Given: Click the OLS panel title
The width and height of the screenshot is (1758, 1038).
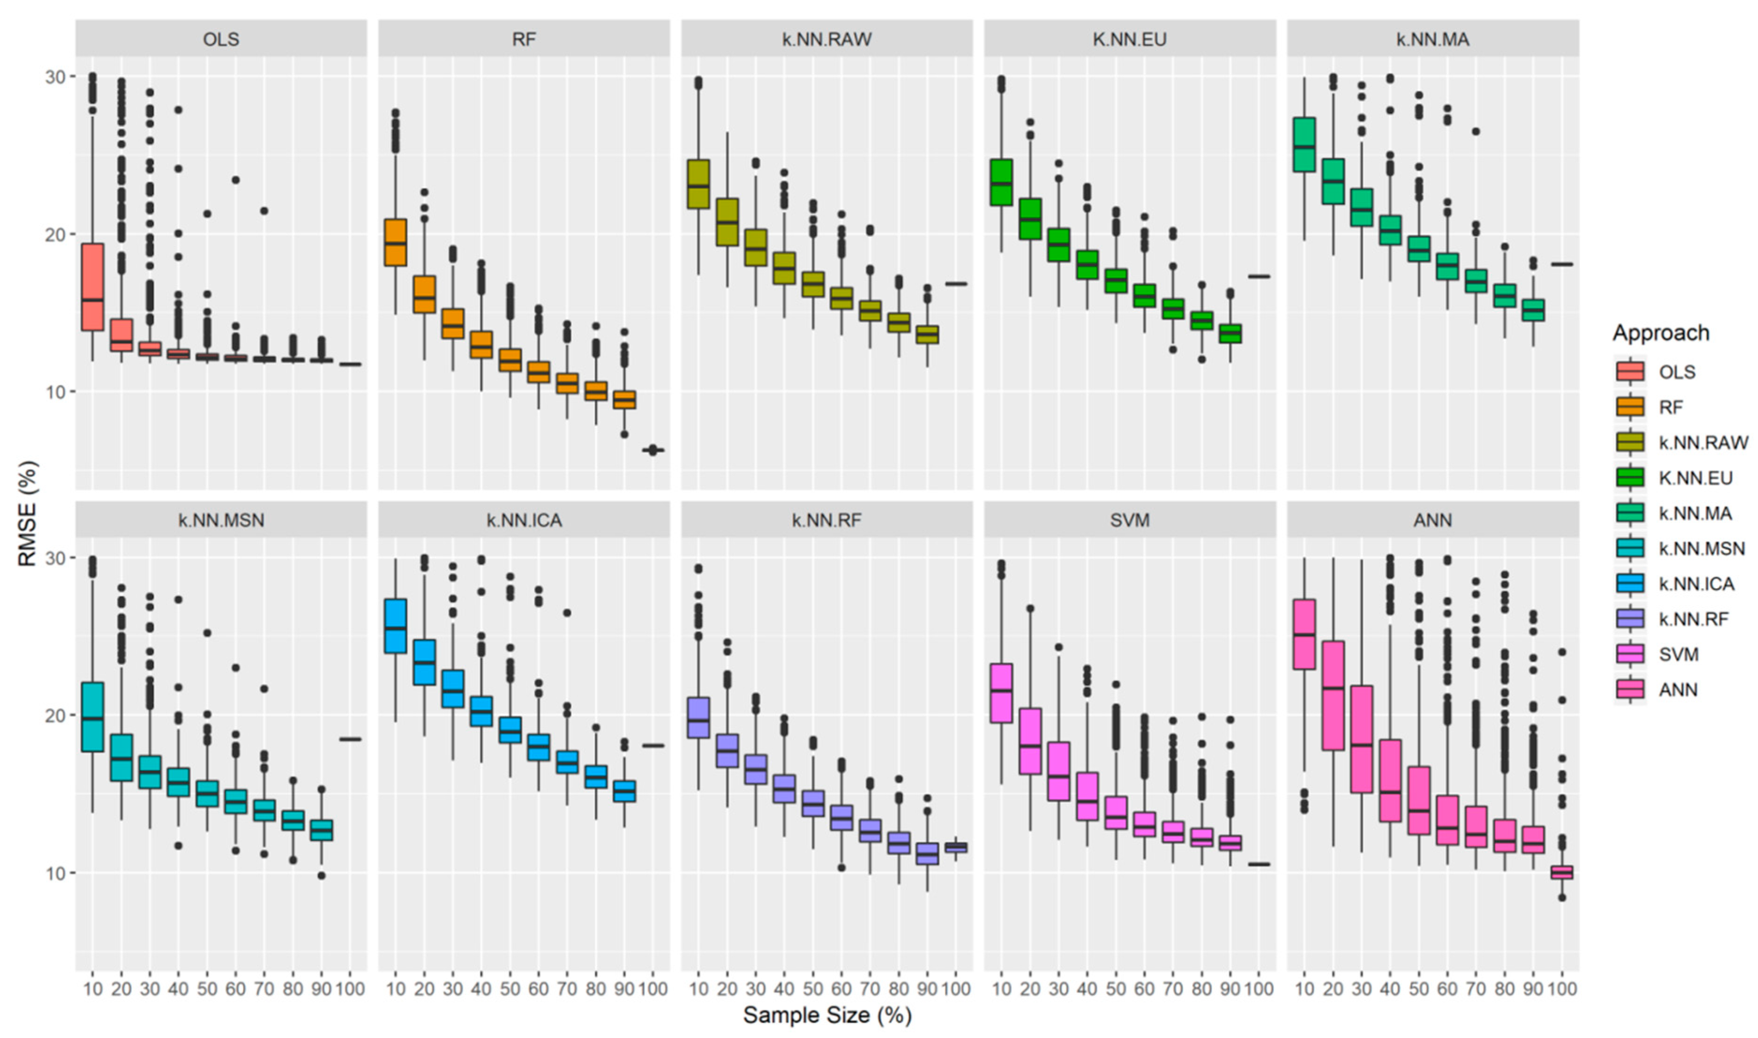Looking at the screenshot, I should (x=220, y=39).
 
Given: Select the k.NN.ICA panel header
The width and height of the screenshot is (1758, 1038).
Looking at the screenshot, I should (x=523, y=520).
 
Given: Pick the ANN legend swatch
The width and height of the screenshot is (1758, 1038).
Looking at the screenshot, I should (x=1629, y=690).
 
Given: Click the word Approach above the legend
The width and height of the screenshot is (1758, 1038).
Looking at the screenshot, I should (x=1660, y=333).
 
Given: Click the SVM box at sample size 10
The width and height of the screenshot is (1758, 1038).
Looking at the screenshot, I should (x=1001, y=693).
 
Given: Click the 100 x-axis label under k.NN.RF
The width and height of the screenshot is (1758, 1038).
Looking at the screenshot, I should (x=956, y=989).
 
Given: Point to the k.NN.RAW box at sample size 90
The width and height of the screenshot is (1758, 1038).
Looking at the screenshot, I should (x=927, y=334).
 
